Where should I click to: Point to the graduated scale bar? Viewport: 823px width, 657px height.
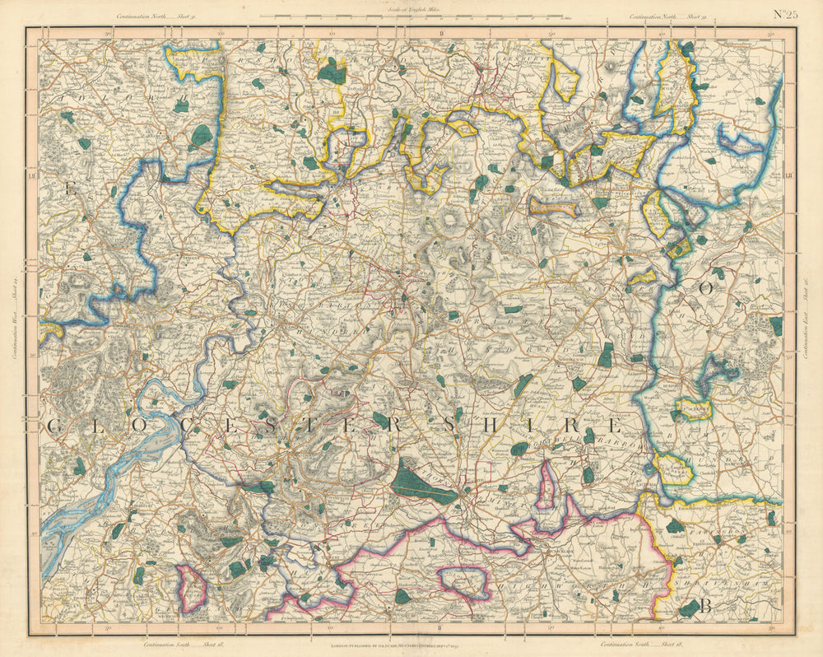coord(411,16)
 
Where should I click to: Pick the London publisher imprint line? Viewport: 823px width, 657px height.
coord(411,647)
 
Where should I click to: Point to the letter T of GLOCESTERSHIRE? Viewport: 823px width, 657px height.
coord(337,425)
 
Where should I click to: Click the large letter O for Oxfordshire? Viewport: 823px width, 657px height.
coord(704,288)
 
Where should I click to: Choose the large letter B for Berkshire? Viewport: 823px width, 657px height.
coord(705,608)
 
